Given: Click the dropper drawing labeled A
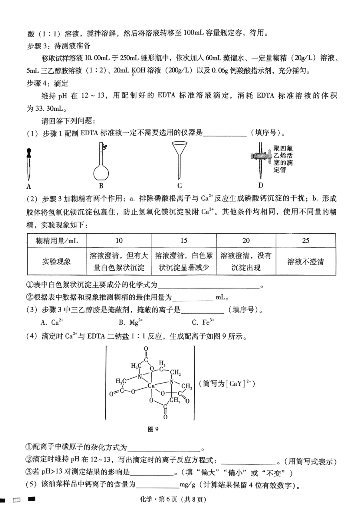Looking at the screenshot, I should click(x=29, y=164).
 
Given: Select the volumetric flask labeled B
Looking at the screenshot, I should click(x=101, y=164).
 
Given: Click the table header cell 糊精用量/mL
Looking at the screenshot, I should click(x=57, y=240).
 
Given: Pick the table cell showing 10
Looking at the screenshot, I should click(x=119, y=240).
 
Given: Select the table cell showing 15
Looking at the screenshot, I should click(x=184, y=240).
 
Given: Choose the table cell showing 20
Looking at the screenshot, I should click(x=246, y=240).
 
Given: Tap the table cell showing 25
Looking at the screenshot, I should click(x=306, y=240).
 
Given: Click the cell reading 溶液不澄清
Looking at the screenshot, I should click(x=306, y=262).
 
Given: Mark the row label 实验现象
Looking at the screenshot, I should click(x=57, y=262).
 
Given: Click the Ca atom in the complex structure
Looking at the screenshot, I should click(x=151, y=386).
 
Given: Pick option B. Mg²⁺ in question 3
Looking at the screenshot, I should click(x=131, y=322).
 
